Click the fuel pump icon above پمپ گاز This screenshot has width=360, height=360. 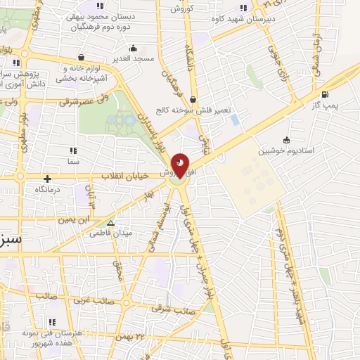pos(324,95)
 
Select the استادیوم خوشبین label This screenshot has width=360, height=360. pos(286,150)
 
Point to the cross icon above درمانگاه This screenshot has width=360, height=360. pos(47,179)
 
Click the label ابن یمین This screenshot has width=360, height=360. pos(75,219)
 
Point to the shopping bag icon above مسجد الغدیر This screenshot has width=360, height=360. pos(82,57)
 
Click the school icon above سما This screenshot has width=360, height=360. pos(72,151)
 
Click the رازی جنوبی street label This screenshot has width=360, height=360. pos(276,60)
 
